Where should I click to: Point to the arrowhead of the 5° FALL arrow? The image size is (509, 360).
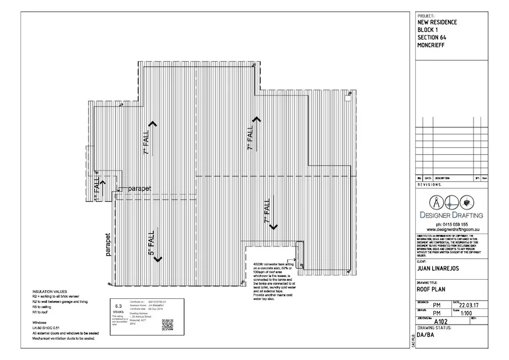click(157, 261)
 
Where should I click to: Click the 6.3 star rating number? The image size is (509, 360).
click(119, 305)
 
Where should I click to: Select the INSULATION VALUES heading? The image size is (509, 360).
click(50, 291)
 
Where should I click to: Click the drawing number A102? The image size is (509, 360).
click(442, 322)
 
